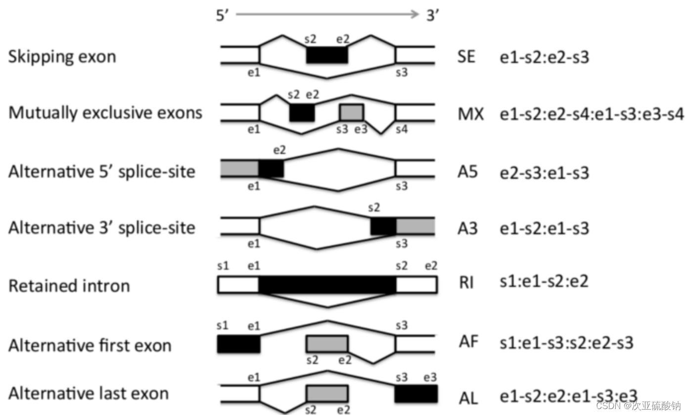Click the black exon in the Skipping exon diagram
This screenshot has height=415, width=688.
pos(326,54)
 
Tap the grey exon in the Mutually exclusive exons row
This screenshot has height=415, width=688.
pos(352,112)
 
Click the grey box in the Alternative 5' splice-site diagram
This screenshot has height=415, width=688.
pos(238,168)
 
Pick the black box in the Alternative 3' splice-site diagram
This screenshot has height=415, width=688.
pos(383,226)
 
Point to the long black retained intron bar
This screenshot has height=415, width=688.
pos(327,285)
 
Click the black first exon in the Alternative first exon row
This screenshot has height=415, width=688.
pos(238,344)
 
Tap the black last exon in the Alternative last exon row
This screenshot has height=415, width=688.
pos(416,393)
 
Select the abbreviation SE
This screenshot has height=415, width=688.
pos(466,57)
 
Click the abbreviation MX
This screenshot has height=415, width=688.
pos(468,114)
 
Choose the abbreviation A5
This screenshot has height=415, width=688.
pos(467,172)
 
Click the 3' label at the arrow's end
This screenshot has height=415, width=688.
pos(432,15)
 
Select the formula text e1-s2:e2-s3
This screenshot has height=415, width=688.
pos(545,57)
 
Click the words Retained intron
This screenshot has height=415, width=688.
pos(69,286)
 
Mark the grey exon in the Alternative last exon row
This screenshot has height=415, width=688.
pos(327,393)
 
